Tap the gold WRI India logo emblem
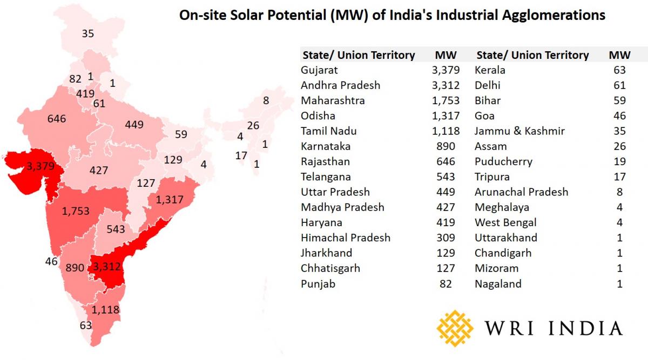coord(455,328)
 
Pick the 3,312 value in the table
coord(446,85)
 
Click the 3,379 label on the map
coord(40,166)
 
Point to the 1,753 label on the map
coord(76,211)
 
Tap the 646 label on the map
coord(57,118)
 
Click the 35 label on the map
coord(88,33)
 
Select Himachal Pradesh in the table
coord(346,237)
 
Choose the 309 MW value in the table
coord(446,237)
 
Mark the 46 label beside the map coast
coord(51,262)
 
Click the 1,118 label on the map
coord(105,310)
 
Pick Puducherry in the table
coord(503,161)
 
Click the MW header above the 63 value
coord(616,55)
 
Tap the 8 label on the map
coord(266,100)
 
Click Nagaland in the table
coord(498,283)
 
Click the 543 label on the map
coord(116,229)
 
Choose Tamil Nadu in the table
coord(328,131)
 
